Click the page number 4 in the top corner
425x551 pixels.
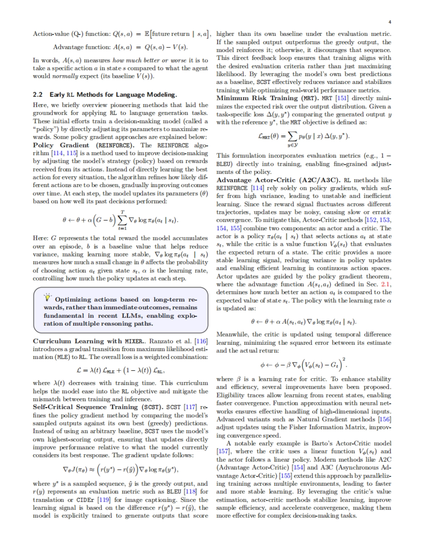pyautogui.click(x=390, y=22)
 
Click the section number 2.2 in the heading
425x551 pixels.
pyautogui.click(x=38, y=95)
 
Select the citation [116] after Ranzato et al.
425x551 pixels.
pyautogui.click(x=201, y=341)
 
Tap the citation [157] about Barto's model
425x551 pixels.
pyautogui.click(x=223, y=451)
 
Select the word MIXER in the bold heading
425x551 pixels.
pyautogui.click(x=134, y=341)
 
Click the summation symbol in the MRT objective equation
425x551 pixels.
pyautogui.click(x=292, y=136)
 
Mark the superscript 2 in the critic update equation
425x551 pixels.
pyautogui.click(x=344, y=359)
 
